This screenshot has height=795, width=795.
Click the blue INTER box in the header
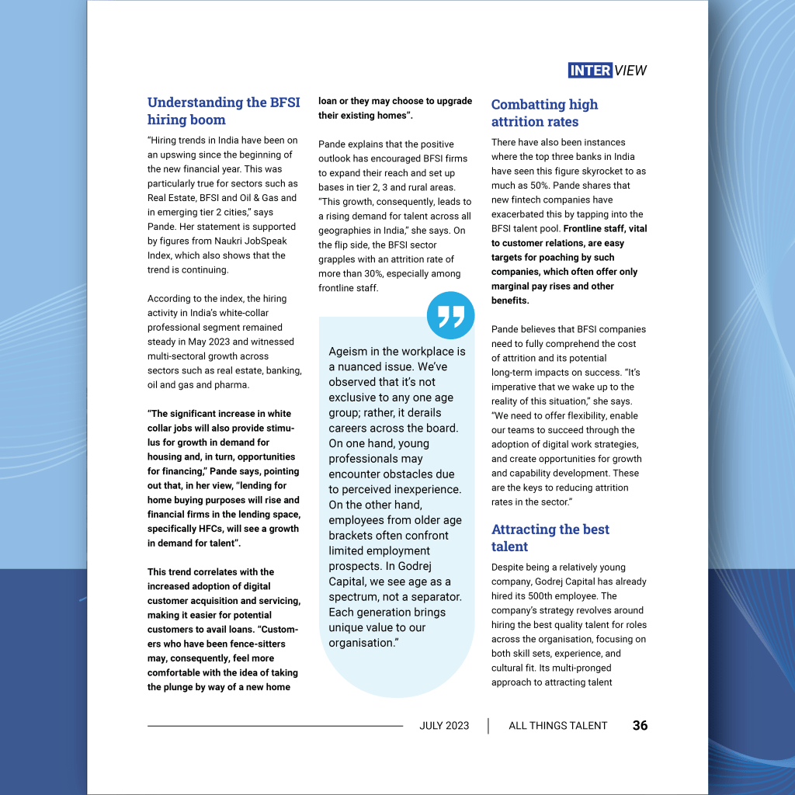tap(590, 71)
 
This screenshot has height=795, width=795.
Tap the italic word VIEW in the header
tap(630, 71)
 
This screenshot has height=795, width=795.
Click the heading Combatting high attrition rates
tap(544, 113)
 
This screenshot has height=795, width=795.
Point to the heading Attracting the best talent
tap(550, 537)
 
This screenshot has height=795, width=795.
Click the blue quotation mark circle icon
tap(450, 315)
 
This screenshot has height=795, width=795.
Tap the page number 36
tap(640, 726)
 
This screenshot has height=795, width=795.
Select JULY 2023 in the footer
tap(444, 726)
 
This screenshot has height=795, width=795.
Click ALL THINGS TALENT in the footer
tap(557, 726)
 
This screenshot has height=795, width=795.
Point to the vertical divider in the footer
tap(488, 726)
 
